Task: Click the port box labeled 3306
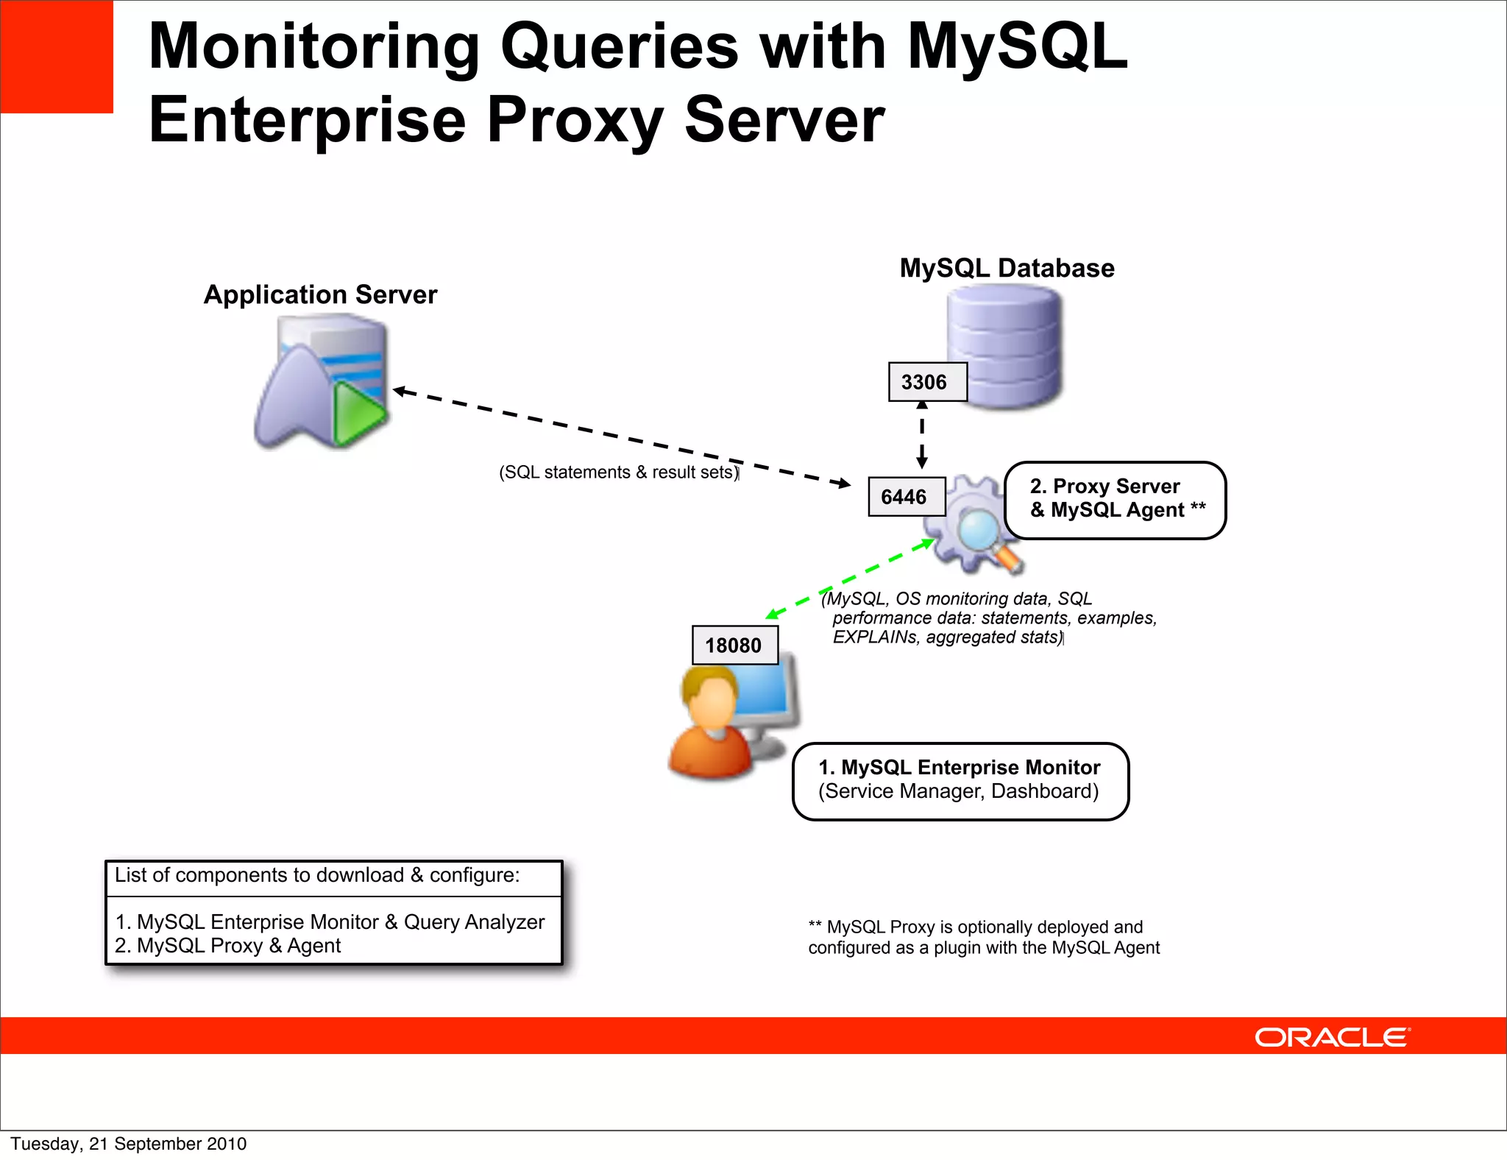point(926,382)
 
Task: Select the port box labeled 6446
point(906,497)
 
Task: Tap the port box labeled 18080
point(734,646)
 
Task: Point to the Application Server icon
point(320,381)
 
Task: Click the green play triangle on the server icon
point(357,413)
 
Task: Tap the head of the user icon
point(710,699)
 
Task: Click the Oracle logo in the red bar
point(1332,1037)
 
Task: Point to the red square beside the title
point(57,57)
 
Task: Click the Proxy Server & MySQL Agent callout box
point(1115,500)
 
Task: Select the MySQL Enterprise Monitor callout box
point(960,781)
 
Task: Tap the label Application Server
point(320,294)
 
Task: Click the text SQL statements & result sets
point(618,473)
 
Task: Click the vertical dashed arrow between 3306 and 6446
point(922,434)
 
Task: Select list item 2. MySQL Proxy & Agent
point(228,946)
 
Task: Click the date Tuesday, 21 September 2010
point(128,1144)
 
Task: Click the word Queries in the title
point(619,48)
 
